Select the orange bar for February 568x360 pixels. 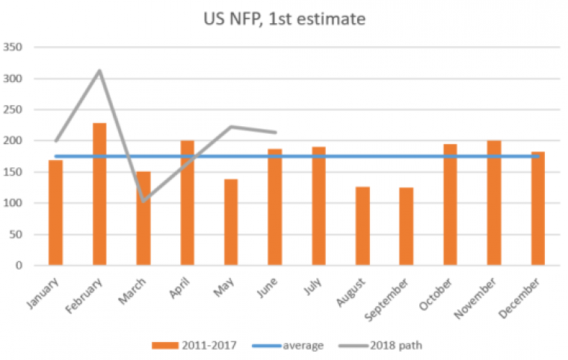(99, 194)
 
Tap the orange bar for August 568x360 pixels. (362, 226)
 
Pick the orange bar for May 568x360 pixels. (231, 222)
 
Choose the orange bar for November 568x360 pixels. (494, 202)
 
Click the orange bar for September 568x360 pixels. (407, 226)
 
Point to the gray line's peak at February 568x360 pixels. (99, 71)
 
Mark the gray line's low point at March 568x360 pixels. (143, 200)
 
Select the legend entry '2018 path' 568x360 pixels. (401, 345)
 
